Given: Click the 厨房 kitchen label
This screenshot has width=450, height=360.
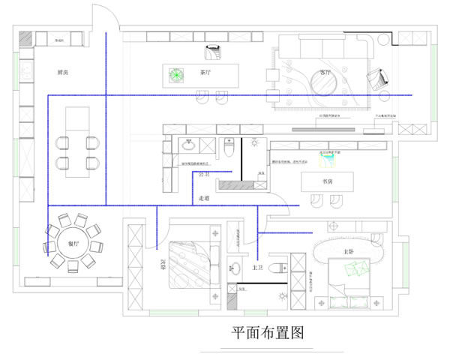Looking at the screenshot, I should [64, 73].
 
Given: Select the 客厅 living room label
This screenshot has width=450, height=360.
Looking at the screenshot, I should [325, 73].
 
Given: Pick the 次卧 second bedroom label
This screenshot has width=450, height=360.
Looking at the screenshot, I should [161, 263].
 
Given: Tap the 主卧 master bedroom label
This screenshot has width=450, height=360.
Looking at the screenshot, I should [349, 251].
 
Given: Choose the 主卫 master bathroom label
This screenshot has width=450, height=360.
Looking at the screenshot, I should [256, 267].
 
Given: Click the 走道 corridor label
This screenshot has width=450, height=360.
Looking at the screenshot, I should [204, 198].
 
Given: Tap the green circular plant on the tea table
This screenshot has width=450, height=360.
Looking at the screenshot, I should [176, 74].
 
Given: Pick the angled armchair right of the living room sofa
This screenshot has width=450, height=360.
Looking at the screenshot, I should [378, 76].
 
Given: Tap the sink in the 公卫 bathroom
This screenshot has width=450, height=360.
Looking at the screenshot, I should [187, 145].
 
